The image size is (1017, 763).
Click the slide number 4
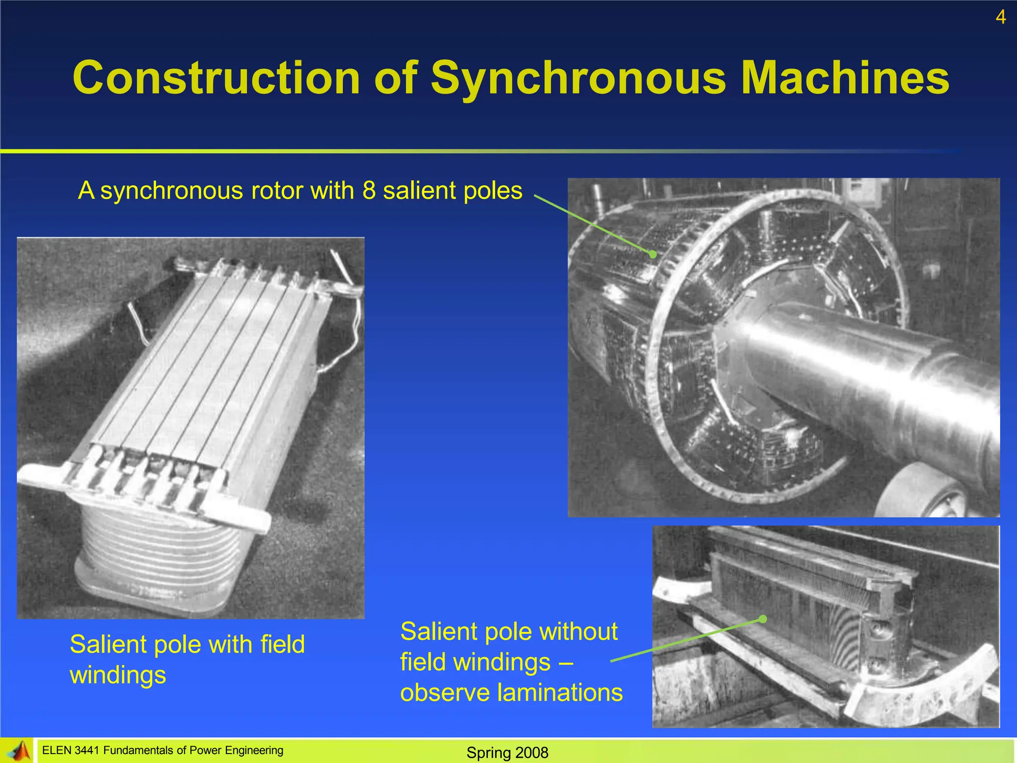[1001, 17]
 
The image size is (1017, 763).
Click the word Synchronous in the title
[578, 78]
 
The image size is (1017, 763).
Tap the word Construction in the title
[216, 78]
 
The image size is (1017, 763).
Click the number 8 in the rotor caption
[369, 191]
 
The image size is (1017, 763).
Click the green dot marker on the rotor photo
[653, 254]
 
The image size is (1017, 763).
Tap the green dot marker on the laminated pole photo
[763, 619]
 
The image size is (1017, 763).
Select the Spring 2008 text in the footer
[507, 753]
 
